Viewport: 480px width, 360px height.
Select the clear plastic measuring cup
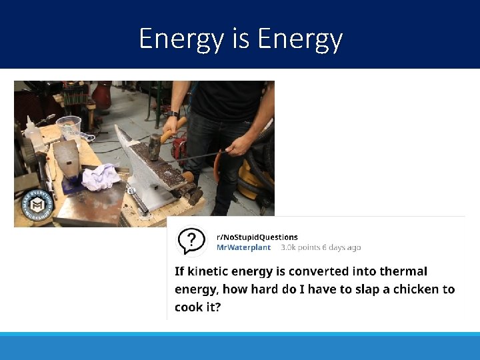click(69, 127)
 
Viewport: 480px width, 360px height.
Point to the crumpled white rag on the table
click(101, 177)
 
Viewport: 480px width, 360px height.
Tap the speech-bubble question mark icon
click(191, 241)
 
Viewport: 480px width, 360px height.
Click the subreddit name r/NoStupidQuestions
click(257, 237)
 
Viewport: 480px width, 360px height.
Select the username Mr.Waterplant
click(243, 247)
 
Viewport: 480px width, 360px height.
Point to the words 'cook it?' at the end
click(198, 307)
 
